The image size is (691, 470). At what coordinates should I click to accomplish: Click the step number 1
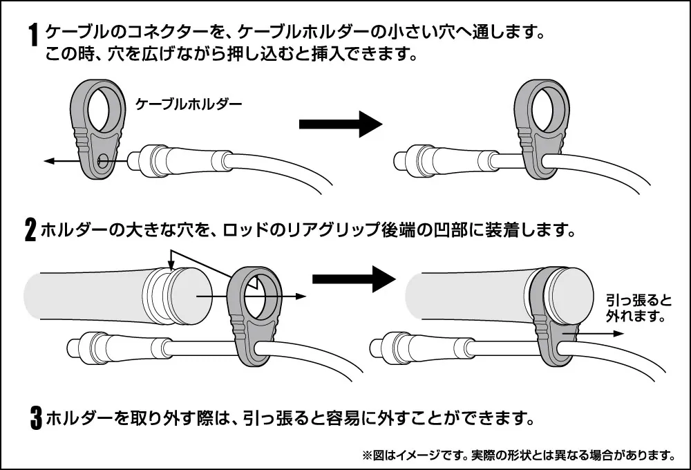click(x=32, y=35)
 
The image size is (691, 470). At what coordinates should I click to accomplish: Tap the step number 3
click(x=36, y=418)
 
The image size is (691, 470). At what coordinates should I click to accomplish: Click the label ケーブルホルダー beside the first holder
click(x=189, y=104)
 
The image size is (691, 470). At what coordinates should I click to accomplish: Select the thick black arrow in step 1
click(x=340, y=124)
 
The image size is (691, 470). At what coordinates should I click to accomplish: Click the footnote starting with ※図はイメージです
click(x=518, y=455)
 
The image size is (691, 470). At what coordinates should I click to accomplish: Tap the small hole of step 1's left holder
click(x=102, y=162)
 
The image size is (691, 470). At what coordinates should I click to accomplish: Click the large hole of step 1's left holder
click(x=104, y=109)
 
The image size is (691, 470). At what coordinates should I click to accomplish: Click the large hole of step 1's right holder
click(x=545, y=109)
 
